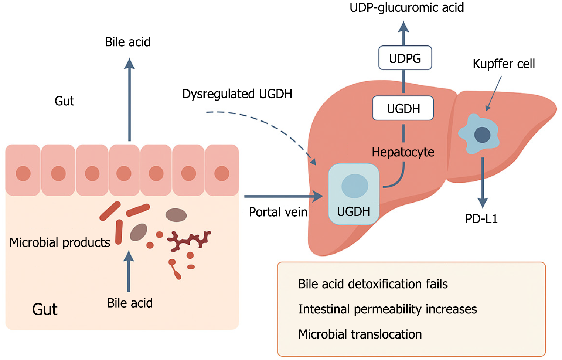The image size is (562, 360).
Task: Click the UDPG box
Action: coord(405,58)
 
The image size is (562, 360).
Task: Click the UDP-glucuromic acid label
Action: coord(406,7)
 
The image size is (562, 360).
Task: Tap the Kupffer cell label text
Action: coord(504,64)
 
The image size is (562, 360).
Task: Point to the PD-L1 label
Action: coord(481,219)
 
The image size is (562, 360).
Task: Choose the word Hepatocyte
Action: coord(403,152)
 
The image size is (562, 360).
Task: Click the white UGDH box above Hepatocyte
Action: coord(403,108)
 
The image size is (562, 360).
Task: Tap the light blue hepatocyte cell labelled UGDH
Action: coord(354,194)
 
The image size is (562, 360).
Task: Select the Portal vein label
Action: coord(278,212)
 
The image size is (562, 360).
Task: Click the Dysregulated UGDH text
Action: coord(237,94)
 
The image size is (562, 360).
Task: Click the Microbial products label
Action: coord(60,242)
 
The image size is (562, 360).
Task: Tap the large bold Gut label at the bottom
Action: coord(45,309)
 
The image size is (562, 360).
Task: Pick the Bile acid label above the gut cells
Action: coord(128,42)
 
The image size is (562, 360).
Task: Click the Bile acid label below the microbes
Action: coord(130,303)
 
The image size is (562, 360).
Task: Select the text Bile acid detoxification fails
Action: coord(373,284)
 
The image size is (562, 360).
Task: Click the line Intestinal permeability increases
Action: coord(387,309)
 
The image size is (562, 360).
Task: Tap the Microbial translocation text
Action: coord(360,334)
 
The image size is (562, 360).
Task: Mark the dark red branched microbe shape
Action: coord(189,240)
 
